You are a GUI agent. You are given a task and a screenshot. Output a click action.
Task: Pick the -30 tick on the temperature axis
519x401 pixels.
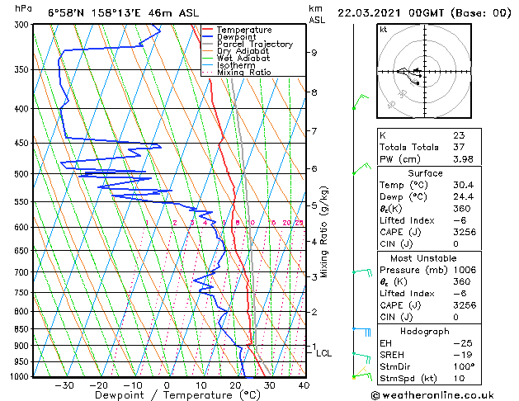[64, 385]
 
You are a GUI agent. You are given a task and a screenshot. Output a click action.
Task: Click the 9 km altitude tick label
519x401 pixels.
[314, 53]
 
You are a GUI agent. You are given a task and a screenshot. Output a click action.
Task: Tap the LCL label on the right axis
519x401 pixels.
[323, 353]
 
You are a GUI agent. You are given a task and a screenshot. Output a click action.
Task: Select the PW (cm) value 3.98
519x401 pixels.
[462, 159]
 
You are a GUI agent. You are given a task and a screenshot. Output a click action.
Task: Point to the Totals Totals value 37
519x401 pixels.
[458, 147]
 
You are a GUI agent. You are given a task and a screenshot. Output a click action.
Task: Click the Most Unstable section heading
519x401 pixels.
[425, 257]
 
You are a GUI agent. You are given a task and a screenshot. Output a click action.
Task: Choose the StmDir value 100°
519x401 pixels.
[463, 366]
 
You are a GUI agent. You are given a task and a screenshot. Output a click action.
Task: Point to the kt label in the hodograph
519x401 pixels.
[383, 30]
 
